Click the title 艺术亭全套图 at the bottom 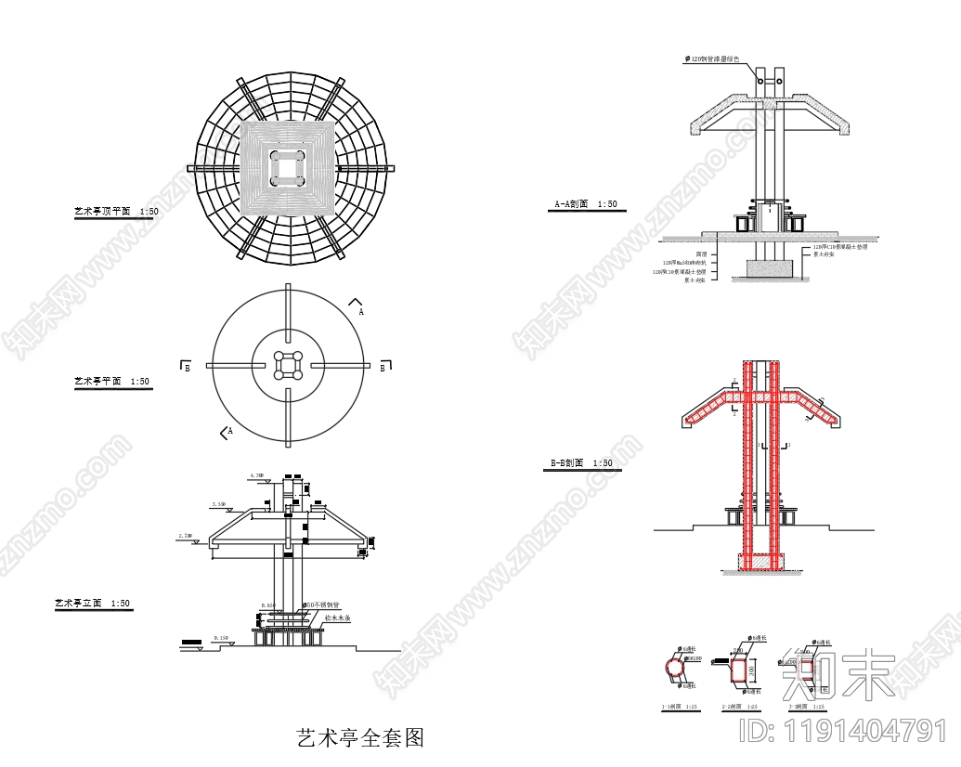(x=359, y=739)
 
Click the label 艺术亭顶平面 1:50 (x=116, y=212)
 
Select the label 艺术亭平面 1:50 (x=111, y=381)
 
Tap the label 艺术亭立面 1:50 (x=93, y=604)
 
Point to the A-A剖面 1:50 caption (x=585, y=204)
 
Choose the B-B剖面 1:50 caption (x=580, y=462)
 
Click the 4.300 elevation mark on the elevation (x=257, y=475)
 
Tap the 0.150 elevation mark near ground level (x=221, y=638)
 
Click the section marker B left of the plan (x=186, y=368)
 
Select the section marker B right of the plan (x=383, y=368)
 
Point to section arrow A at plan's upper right (x=357, y=306)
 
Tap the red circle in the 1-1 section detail (x=676, y=668)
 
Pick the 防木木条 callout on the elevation (x=336, y=617)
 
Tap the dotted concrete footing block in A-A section (x=769, y=267)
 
